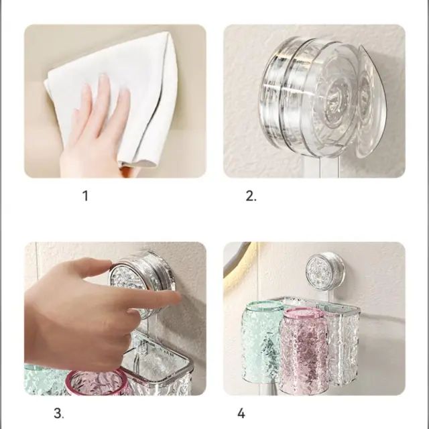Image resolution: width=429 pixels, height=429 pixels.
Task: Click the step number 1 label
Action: pos(85,196)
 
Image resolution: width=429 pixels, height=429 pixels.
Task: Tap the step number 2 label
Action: pos(251,196)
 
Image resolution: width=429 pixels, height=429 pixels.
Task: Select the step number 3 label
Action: pos(59,413)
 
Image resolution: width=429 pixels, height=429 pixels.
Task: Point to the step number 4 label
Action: pos(241,413)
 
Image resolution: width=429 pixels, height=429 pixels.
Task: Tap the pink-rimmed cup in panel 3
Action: pos(97,382)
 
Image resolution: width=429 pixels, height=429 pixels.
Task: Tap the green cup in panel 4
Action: pos(261,342)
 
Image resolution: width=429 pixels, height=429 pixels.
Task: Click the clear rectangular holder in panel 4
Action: pos(342,342)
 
